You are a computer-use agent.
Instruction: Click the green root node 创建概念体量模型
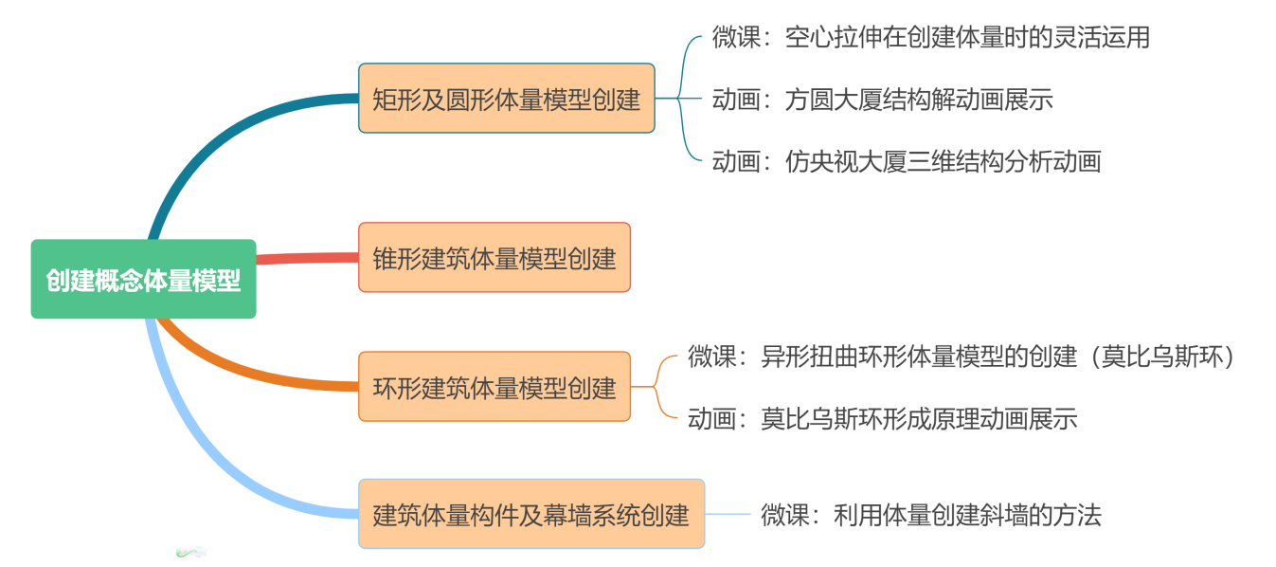pos(143,279)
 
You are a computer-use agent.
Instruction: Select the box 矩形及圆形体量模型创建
pos(506,98)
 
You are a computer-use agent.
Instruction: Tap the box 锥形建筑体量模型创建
pos(494,257)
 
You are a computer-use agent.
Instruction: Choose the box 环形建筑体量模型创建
pos(494,387)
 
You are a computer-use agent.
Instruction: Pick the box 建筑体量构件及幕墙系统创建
pos(530,514)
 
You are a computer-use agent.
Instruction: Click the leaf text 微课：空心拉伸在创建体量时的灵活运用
pos(930,38)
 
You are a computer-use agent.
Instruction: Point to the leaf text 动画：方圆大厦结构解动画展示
pos(882,100)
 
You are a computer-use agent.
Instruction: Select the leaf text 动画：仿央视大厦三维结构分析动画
pos(906,161)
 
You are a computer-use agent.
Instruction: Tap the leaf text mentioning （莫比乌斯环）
pos(961,357)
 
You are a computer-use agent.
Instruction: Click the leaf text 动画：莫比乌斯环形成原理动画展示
pos(882,418)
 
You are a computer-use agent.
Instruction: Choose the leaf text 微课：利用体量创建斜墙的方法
pos(930,515)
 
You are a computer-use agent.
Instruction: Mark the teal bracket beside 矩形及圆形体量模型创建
pos(680,98)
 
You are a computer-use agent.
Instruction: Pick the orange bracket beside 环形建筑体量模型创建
pos(656,387)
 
